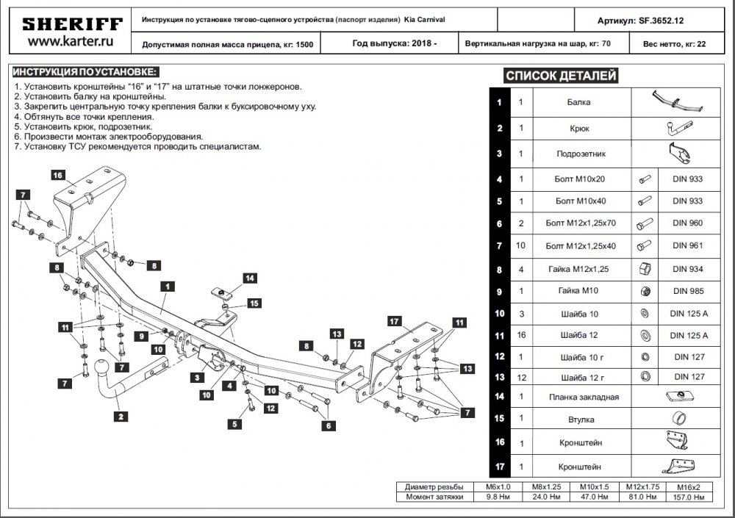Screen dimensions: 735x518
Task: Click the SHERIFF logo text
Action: coord(72,24)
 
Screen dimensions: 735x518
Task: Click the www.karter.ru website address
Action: coord(71,41)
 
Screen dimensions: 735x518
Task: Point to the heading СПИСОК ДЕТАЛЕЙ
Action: coord(561,76)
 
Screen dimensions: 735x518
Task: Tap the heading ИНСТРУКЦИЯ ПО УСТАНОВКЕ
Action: coord(85,72)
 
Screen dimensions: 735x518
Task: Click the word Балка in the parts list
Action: coord(578,102)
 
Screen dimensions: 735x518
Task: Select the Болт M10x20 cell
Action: coord(579,179)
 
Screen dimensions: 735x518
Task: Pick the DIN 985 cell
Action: coord(688,291)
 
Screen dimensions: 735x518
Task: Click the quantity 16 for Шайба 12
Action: coord(521,335)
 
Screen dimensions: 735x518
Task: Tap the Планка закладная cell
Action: coord(584,397)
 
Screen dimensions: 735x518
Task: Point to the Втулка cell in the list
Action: coord(581,420)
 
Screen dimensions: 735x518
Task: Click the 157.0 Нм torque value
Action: coord(689,497)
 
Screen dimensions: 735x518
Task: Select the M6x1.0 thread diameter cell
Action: coord(498,487)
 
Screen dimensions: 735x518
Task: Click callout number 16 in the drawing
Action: coord(57,176)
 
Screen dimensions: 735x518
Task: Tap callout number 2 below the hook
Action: coord(121,417)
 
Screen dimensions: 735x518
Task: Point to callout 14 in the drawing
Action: coord(250,278)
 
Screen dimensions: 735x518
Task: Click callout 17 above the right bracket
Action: coord(394,321)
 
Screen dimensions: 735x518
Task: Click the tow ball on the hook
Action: coord(101,368)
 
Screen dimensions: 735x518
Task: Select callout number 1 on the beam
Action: coord(168,286)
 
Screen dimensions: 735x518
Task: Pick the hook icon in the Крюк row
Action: coord(679,128)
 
